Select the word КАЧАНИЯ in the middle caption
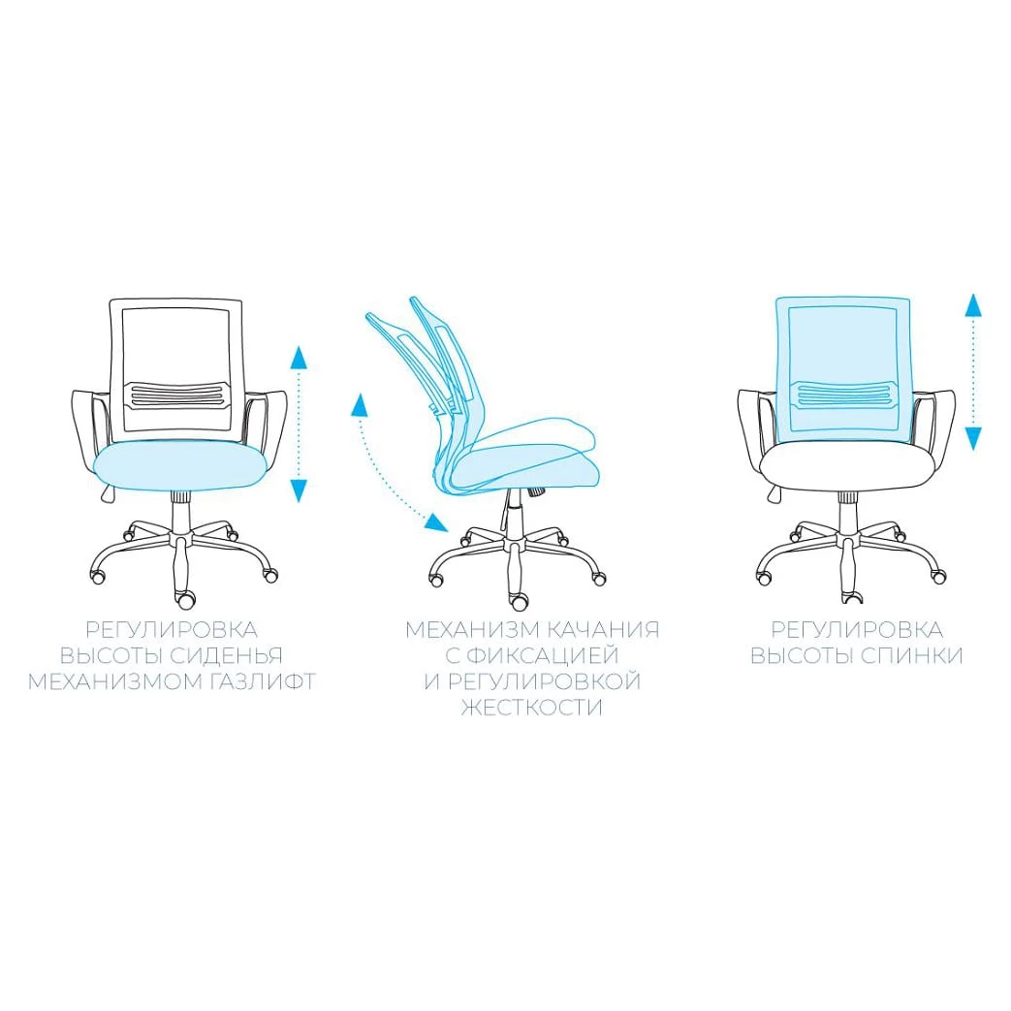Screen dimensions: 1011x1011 (x=603, y=630)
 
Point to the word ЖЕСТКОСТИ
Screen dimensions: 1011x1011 (x=532, y=708)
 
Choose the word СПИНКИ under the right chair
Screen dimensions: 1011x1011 (x=911, y=655)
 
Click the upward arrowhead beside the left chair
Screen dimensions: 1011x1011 (x=298, y=358)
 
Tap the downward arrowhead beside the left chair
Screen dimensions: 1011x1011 (x=298, y=490)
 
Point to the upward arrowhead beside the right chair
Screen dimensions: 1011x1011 (x=973, y=304)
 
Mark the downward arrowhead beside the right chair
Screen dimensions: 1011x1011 (x=973, y=438)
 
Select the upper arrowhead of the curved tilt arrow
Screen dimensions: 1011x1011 (x=360, y=405)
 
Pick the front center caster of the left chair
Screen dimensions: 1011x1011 (x=186, y=600)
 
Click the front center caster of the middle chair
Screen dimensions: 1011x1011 (x=519, y=602)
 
